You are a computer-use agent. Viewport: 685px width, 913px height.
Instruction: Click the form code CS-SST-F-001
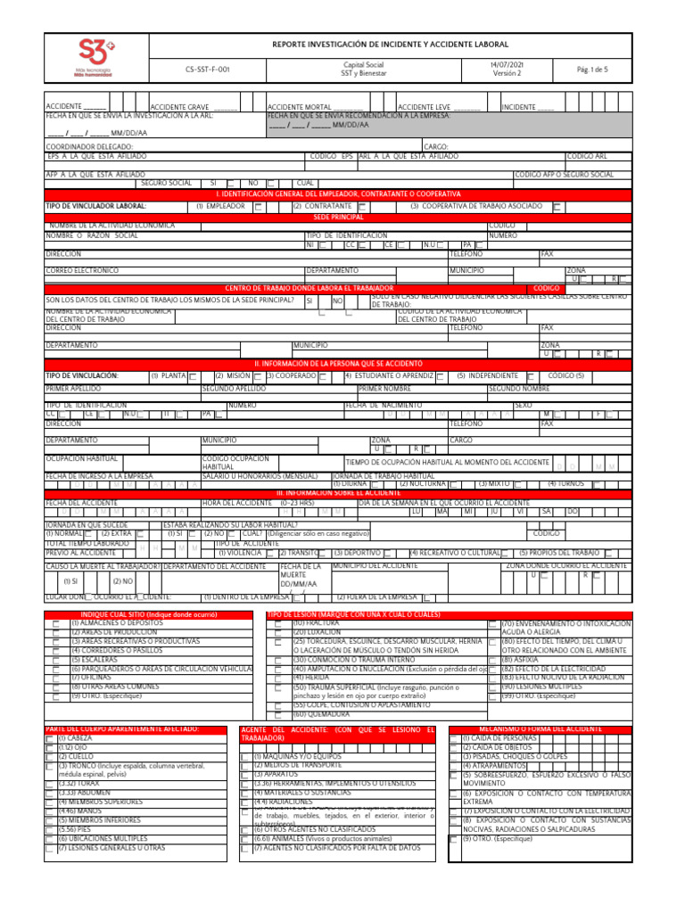(x=207, y=69)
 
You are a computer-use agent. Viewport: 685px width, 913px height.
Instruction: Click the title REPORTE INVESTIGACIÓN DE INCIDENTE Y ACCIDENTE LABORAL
(x=390, y=44)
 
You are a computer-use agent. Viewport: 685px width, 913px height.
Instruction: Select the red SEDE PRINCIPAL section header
(x=338, y=217)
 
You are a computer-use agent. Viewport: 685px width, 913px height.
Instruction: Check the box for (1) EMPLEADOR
(x=259, y=207)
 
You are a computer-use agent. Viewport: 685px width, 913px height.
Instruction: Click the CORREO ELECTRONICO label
(x=82, y=270)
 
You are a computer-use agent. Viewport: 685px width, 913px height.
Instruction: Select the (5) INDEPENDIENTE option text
(x=487, y=376)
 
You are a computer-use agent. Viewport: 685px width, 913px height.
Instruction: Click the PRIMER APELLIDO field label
(x=74, y=390)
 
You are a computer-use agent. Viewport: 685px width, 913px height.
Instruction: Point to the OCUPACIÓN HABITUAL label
(x=83, y=456)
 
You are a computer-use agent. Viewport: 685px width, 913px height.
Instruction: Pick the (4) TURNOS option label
(x=565, y=483)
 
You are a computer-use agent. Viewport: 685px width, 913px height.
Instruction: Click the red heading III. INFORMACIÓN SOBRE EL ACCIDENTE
(x=338, y=492)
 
